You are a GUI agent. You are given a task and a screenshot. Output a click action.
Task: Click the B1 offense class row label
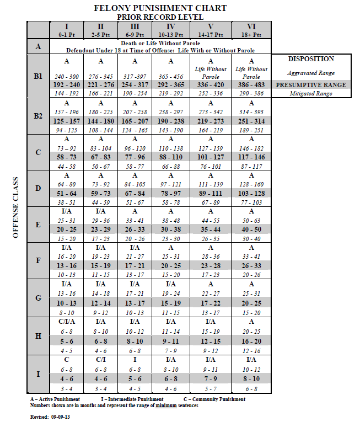click(38, 77)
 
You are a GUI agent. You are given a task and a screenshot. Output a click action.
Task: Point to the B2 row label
click(38, 116)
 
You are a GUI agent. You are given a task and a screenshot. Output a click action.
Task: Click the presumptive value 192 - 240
click(67, 85)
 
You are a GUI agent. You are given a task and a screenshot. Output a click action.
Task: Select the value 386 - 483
click(251, 85)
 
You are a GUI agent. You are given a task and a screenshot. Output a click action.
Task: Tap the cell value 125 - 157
click(67, 120)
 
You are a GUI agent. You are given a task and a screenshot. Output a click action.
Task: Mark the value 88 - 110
click(171, 157)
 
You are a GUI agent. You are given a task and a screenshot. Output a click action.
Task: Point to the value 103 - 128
click(251, 193)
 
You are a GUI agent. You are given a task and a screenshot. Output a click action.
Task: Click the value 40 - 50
click(251, 229)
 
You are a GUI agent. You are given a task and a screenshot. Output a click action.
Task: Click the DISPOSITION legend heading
click(311, 59)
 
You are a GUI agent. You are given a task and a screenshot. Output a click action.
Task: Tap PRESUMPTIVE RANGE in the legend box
click(311, 85)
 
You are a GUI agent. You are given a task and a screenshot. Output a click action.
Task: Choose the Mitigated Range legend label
click(311, 94)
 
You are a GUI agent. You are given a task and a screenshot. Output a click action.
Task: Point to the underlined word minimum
click(164, 405)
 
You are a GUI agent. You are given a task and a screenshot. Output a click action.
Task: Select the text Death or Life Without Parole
click(160, 42)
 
